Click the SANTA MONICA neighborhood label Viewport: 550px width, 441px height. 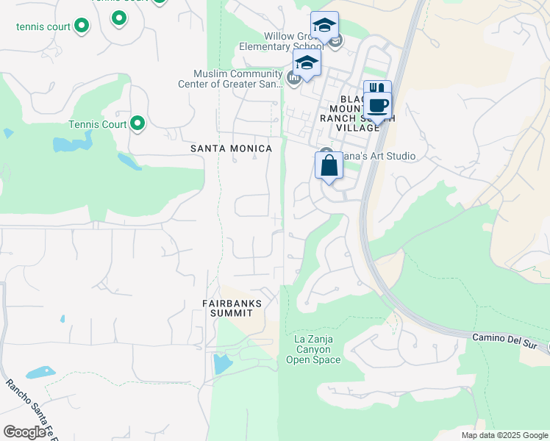(231, 148)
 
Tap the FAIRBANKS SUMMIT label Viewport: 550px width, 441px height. (232, 308)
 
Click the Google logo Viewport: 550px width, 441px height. (25, 432)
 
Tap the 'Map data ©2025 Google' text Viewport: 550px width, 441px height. (504, 435)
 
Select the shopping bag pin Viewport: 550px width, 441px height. (329, 165)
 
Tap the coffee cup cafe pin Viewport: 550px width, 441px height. (377, 105)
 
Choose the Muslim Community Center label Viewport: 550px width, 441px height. (238, 79)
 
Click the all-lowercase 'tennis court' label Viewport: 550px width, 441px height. (43, 27)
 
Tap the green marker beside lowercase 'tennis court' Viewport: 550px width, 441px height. (82, 26)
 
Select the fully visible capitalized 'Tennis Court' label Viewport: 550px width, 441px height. (98, 124)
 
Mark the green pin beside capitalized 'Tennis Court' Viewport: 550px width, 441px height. (137, 123)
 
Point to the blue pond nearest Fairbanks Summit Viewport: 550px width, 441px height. (221, 363)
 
